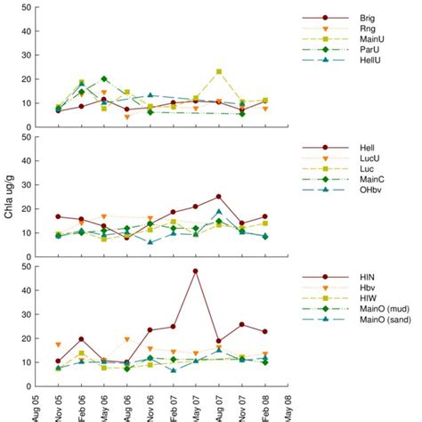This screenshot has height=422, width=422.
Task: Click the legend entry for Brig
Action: point(365,18)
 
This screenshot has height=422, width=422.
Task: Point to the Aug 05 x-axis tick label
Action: point(37,404)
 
